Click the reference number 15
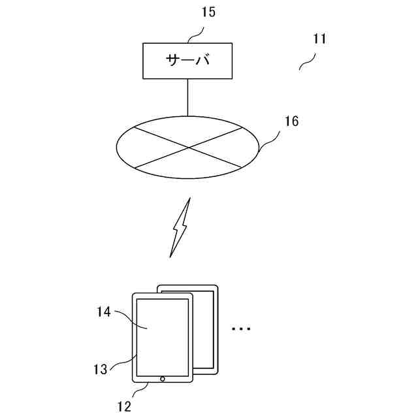click(x=208, y=12)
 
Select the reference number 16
click(x=291, y=121)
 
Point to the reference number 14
click(x=104, y=313)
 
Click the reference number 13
click(x=99, y=369)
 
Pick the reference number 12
click(x=124, y=406)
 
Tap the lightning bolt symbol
click(x=180, y=228)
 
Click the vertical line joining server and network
click(x=188, y=97)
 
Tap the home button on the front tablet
click(x=162, y=378)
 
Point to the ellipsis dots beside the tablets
click(x=241, y=328)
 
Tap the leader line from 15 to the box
click(x=197, y=33)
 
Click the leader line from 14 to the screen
click(x=128, y=317)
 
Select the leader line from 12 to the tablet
click(x=140, y=390)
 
